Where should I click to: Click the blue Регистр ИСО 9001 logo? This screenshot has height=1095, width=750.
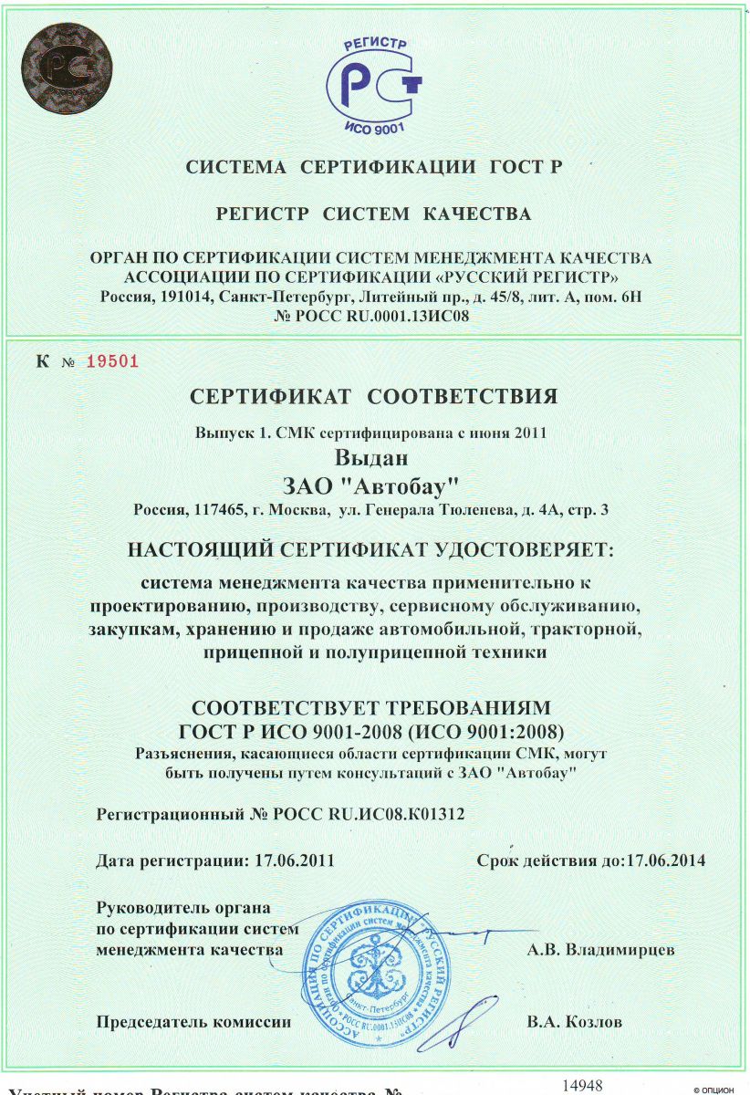coord(374,80)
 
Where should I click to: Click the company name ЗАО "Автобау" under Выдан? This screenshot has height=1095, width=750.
coord(374,482)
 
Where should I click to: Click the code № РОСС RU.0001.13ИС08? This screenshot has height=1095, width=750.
coord(374,317)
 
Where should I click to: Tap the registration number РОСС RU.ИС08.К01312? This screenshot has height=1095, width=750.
coord(370,815)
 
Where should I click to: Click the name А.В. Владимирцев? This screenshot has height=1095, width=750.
coord(601,950)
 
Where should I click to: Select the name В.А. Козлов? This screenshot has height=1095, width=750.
coord(575,1022)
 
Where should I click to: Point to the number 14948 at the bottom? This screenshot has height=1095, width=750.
coord(583,1084)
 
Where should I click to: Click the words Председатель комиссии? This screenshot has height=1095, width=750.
coord(194,1022)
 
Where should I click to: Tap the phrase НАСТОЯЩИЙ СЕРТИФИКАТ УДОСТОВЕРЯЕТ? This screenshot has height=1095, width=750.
coord(374,550)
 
